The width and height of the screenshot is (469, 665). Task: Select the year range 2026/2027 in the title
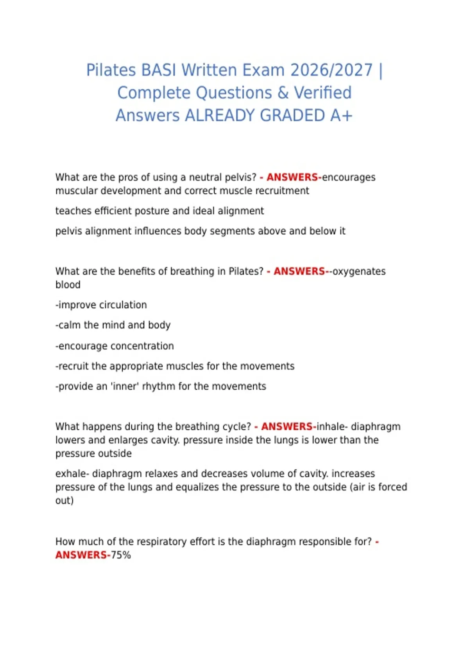pos(332,70)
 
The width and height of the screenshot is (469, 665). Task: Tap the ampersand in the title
pos(283,93)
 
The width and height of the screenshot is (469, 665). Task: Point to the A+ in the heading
pos(341,116)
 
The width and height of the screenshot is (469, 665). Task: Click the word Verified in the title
pos(322,93)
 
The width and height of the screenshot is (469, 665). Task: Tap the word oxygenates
pos(359,271)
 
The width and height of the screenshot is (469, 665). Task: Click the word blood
pos(68,285)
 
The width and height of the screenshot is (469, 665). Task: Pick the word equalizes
pos(199,487)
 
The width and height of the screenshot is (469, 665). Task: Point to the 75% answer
pos(121,555)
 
